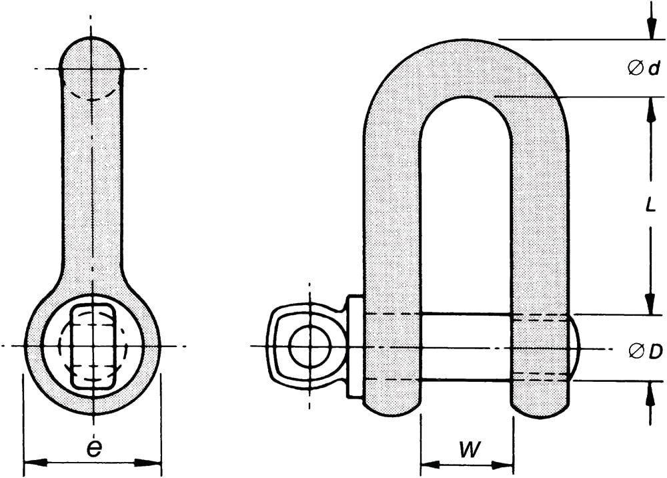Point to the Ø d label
click(x=644, y=68)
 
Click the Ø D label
click(x=645, y=350)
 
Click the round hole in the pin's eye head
click(x=310, y=346)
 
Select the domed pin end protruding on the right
click(x=575, y=347)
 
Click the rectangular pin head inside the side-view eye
click(x=93, y=346)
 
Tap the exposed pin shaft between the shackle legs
click(x=466, y=347)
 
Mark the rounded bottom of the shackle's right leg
click(x=540, y=407)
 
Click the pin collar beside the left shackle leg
click(x=356, y=347)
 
